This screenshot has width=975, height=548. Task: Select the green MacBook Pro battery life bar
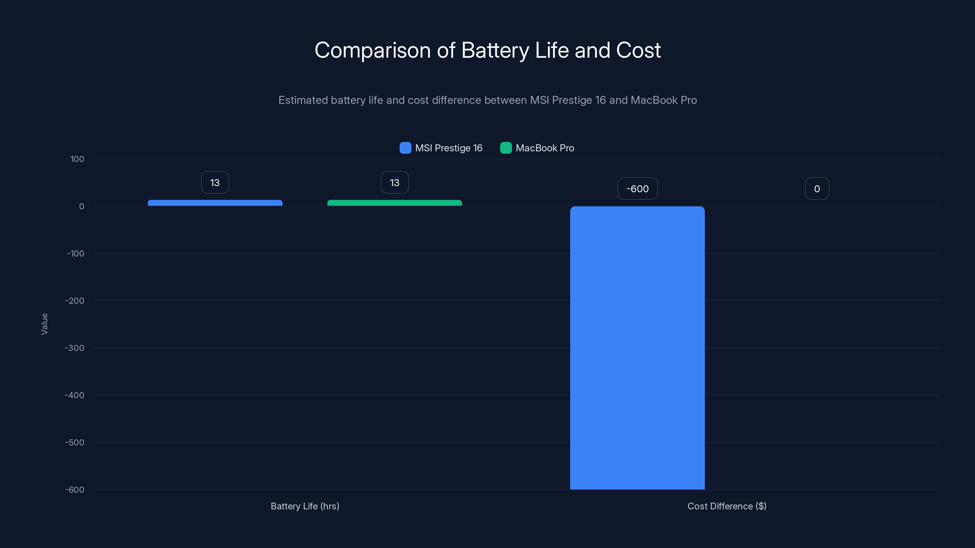pyautogui.click(x=394, y=203)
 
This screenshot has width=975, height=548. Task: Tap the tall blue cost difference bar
pyautogui.click(x=637, y=348)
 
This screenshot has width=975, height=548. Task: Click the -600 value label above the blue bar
pyautogui.click(x=637, y=189)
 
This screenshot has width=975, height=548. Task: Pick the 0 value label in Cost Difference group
pyautogui.click(x=817, y=189)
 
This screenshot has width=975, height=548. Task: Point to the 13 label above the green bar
pyautogui.click(x=394, y=183)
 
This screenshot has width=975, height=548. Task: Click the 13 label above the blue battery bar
pyautogui.click(x=214, y=183)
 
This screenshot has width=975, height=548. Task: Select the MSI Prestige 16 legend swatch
pyautogui.click(x=405, y=148)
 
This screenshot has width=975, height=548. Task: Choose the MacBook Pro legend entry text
pyautogui.click(x=545, y=148)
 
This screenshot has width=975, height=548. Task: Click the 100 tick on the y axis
pyautogui.click(x=77, y=159)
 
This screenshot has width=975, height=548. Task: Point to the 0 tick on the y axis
pyautogui.click(x=81, y=206)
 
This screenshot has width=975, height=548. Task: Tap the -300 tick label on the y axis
pyautogui.click(x=75, y=348)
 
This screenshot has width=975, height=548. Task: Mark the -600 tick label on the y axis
pyautogui.click(x=75, y=490)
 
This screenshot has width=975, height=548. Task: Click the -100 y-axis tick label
pyautogui.click(x=75, y=253)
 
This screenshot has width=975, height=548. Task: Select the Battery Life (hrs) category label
pyautogui.click(x=305, y=506)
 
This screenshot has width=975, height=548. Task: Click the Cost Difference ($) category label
pyautogui.click(x=727, y=506)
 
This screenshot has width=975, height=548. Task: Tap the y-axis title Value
pyautogui.click(x=44, y=324)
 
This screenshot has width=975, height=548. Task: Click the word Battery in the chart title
pyautogui.click(x=495, y=50)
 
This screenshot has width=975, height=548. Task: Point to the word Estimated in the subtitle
pyautogui.click(x=303, y=100)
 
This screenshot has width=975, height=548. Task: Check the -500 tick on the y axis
pyautogui.click(x=75, y=442)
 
